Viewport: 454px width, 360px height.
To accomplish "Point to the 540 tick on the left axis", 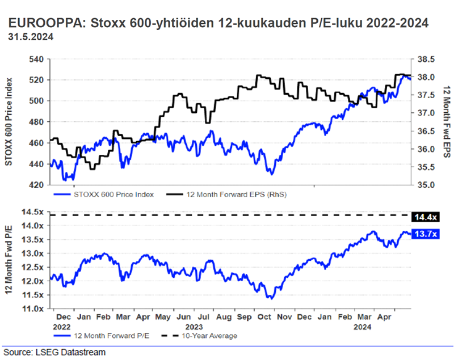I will pyautogui.click(x=36, y=59).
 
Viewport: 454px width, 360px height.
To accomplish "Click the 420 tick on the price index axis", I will pyautogui.click(x=36, y=185).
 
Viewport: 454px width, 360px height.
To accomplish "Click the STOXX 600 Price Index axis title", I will pyautogui.click(x=10, y=121).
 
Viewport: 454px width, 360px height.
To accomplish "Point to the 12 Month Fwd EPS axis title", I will pyautogui.click(x=447, y=122).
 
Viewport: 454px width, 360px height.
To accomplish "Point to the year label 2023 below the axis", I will pyautogui.click(x=195, y=327).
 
